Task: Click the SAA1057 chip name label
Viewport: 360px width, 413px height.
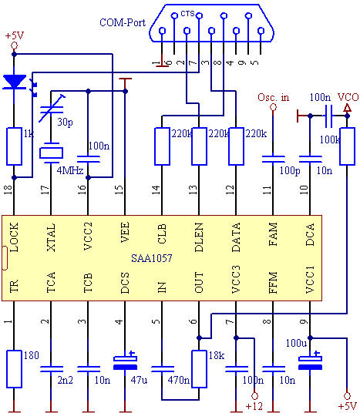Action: [152, 258]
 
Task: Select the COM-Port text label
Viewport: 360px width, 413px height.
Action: [123, 22]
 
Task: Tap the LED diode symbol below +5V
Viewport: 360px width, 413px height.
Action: [14, 82]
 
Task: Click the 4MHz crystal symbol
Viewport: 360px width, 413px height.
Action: [51, 153]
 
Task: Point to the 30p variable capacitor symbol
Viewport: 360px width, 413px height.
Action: [52, 109]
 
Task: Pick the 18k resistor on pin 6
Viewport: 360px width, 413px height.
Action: [199, 369]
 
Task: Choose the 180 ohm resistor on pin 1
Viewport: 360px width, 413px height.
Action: [14, 369]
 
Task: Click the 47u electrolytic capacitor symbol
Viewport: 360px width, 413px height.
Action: [125, 361]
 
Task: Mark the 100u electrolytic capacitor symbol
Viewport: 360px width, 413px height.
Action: [310, 361]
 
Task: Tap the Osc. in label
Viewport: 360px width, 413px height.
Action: [274, 97]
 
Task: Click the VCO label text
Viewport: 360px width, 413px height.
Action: [348, 97]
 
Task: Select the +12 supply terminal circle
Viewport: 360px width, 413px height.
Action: [254, 395]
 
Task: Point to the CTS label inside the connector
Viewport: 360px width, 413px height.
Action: [187, 13]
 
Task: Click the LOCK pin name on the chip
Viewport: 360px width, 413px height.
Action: [14, 237]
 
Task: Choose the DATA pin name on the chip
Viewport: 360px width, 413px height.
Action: [236, 237]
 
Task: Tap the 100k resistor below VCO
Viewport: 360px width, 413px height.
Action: [347, 146]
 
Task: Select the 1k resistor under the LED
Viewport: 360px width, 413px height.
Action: [14, 146]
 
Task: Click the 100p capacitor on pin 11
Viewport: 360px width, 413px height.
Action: [274, 159]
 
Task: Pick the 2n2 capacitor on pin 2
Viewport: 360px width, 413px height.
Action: [52, 369]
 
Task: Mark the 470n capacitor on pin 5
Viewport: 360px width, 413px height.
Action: [163, 369]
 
